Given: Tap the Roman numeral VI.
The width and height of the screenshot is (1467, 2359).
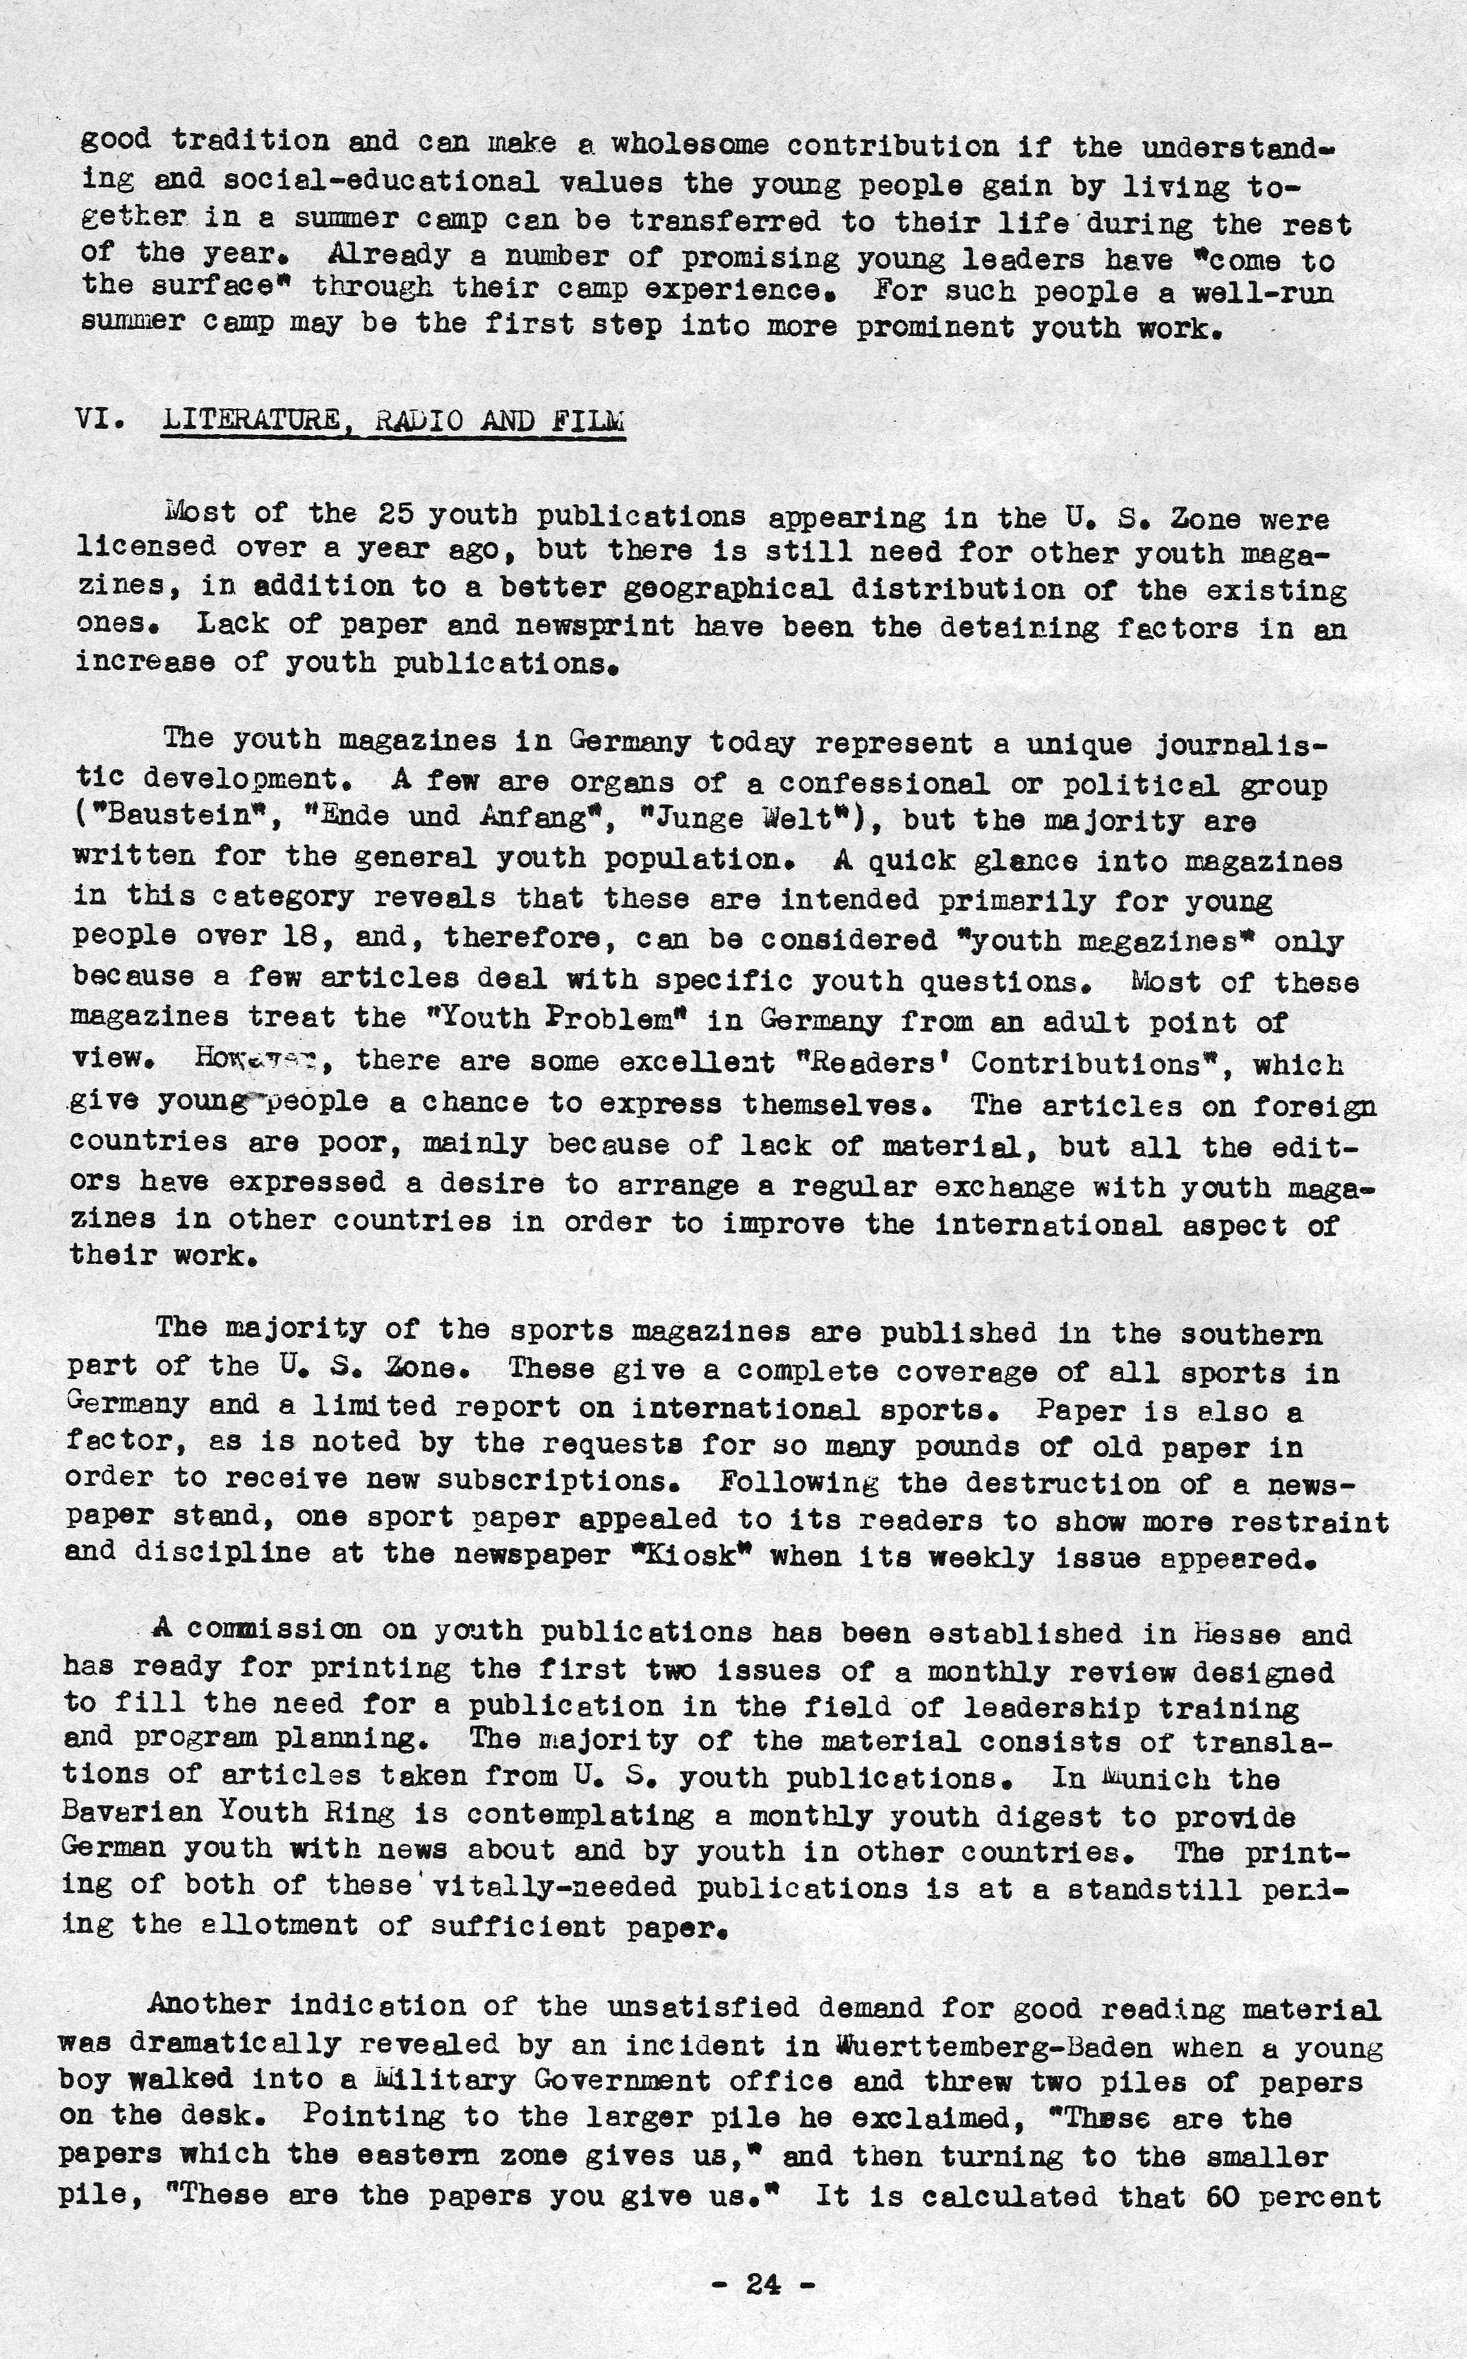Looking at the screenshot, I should pyautogui.click(x=100, y=420).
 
